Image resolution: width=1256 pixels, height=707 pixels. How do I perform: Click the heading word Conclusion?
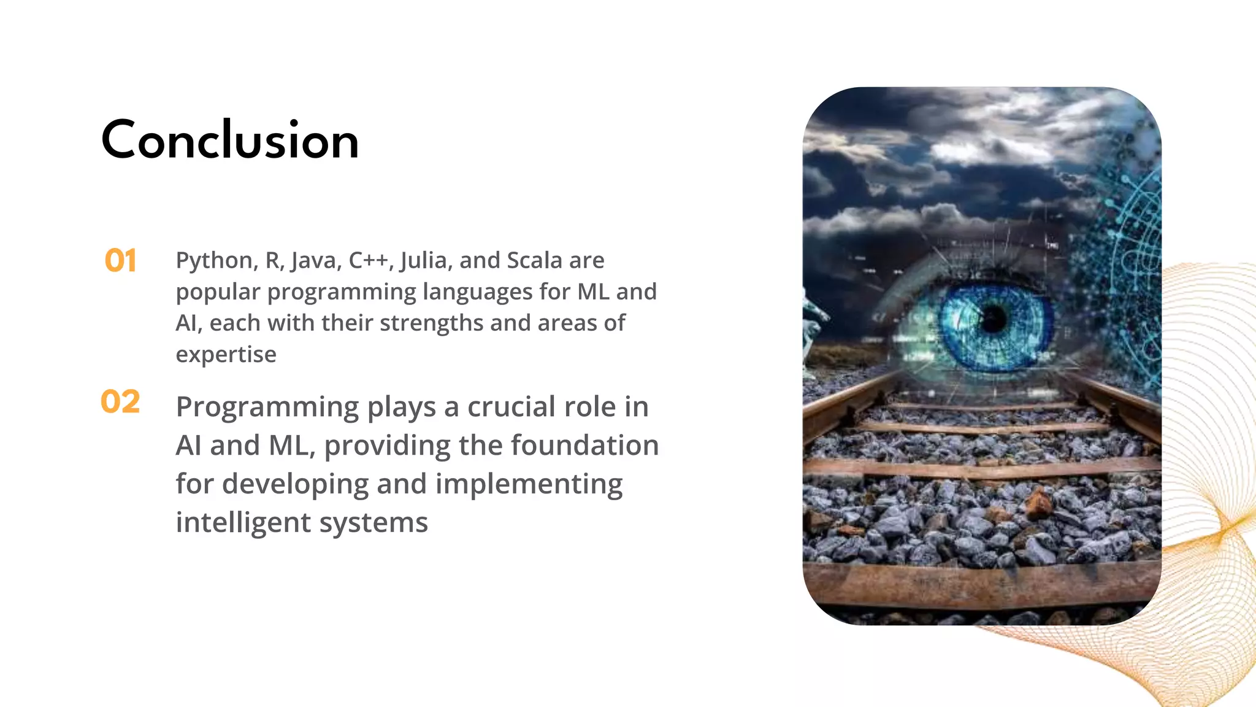click(x=230, y=140)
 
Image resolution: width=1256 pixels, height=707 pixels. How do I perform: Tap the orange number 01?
click(x=120, y=261)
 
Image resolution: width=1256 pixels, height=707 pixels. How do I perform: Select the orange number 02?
click(x=120, y=402)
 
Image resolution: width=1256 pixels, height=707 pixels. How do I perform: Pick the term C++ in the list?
click(x=368, y=260)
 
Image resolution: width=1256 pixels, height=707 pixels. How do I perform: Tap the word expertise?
click(x=226, y=355)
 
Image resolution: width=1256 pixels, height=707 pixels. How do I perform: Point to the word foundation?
click(x=584, y=445)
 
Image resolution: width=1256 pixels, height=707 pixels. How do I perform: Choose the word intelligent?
click(x=243, y=522)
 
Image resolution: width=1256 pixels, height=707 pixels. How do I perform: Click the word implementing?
click(x=529, y=484)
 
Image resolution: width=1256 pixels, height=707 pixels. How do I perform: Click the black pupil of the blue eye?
click(x=993, y=318)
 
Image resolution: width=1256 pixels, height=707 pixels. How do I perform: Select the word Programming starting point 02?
click(x=267, y=407)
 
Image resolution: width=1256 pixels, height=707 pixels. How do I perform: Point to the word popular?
click(x=218, y=292)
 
